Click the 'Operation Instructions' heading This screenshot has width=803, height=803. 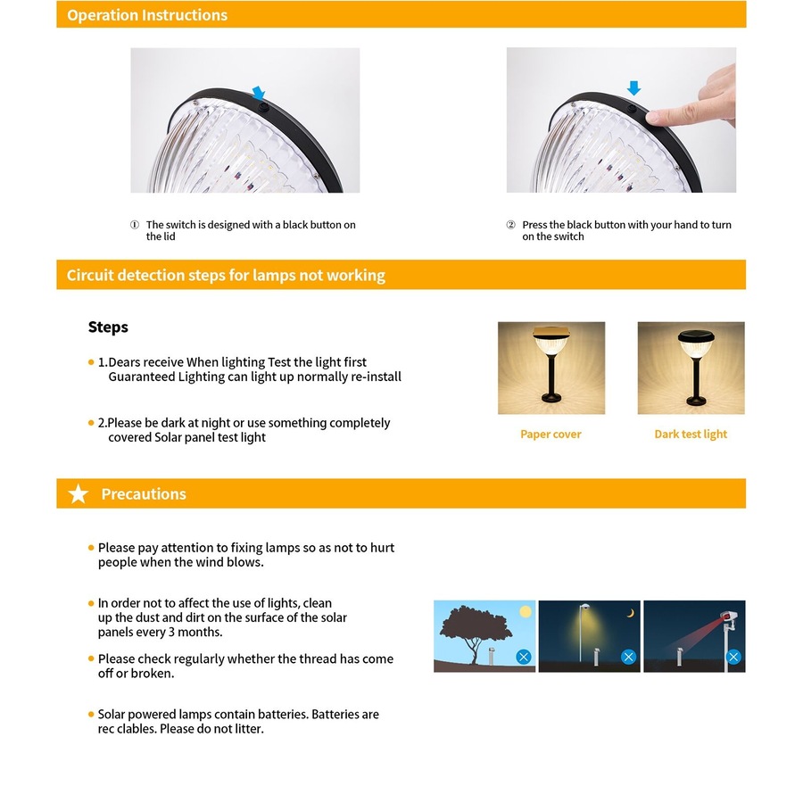pyautogui.click(x=147, y=15)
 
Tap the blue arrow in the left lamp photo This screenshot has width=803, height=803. pyautogui.click(x=259, y=93)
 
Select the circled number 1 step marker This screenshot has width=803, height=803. pyautogui.click(x=135, y=226)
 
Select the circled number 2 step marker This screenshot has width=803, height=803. pyautogui.click(x=511, y=226)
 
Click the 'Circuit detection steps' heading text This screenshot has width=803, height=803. pyautogui.click(x=226, y=275)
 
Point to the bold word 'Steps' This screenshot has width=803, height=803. pyautogui.click(x=108, y=327)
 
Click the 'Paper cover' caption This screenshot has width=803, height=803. pyautogui.click(x=551, y=435)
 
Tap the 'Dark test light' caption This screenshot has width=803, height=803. pyautogui.click(x=691, y=435)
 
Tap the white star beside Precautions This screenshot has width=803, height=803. pyautogui.click(x=79, y=494)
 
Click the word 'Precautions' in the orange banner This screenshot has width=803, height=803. pyautogui.click(x=144, y=494)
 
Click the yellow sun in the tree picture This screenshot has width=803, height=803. pyautogui.click(x=525, y=612)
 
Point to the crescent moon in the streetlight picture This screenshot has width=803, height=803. pyautogui.click(x=630, y=613)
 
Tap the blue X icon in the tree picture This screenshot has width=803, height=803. pyautogui.click(x=524, y=657)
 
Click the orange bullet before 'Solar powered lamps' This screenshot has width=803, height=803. pyautogui.click(x=91, y=715)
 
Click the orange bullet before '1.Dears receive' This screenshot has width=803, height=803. pyautogui.click(x=91, y=362)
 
